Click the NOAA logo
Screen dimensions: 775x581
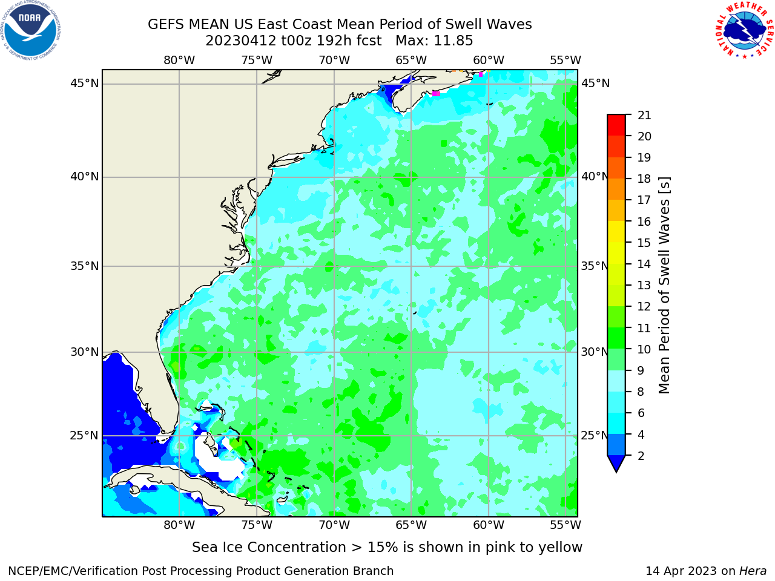(x=31, y=31)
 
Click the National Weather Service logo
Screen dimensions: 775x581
(x=744, y=30)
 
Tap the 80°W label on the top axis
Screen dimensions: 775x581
(x=179, y=61)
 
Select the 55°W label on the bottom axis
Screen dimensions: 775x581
(x=566, y=525)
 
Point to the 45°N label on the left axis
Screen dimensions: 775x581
(x=84, y=84)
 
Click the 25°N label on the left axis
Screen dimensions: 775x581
(x=84, y=436)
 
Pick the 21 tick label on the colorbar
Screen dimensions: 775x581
(x=644, y=116)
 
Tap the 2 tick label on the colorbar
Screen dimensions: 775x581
(x=641, y=456)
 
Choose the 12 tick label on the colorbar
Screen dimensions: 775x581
(x=644, y=307)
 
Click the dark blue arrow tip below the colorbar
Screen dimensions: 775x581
(x=616, y=463)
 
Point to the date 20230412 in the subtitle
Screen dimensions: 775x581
(x=240, y=41)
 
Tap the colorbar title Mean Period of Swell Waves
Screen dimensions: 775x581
(x=664, y=286)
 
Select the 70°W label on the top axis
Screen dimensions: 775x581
(x=334, y=61)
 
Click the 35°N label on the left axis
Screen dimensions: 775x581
(x=84, y=266)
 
